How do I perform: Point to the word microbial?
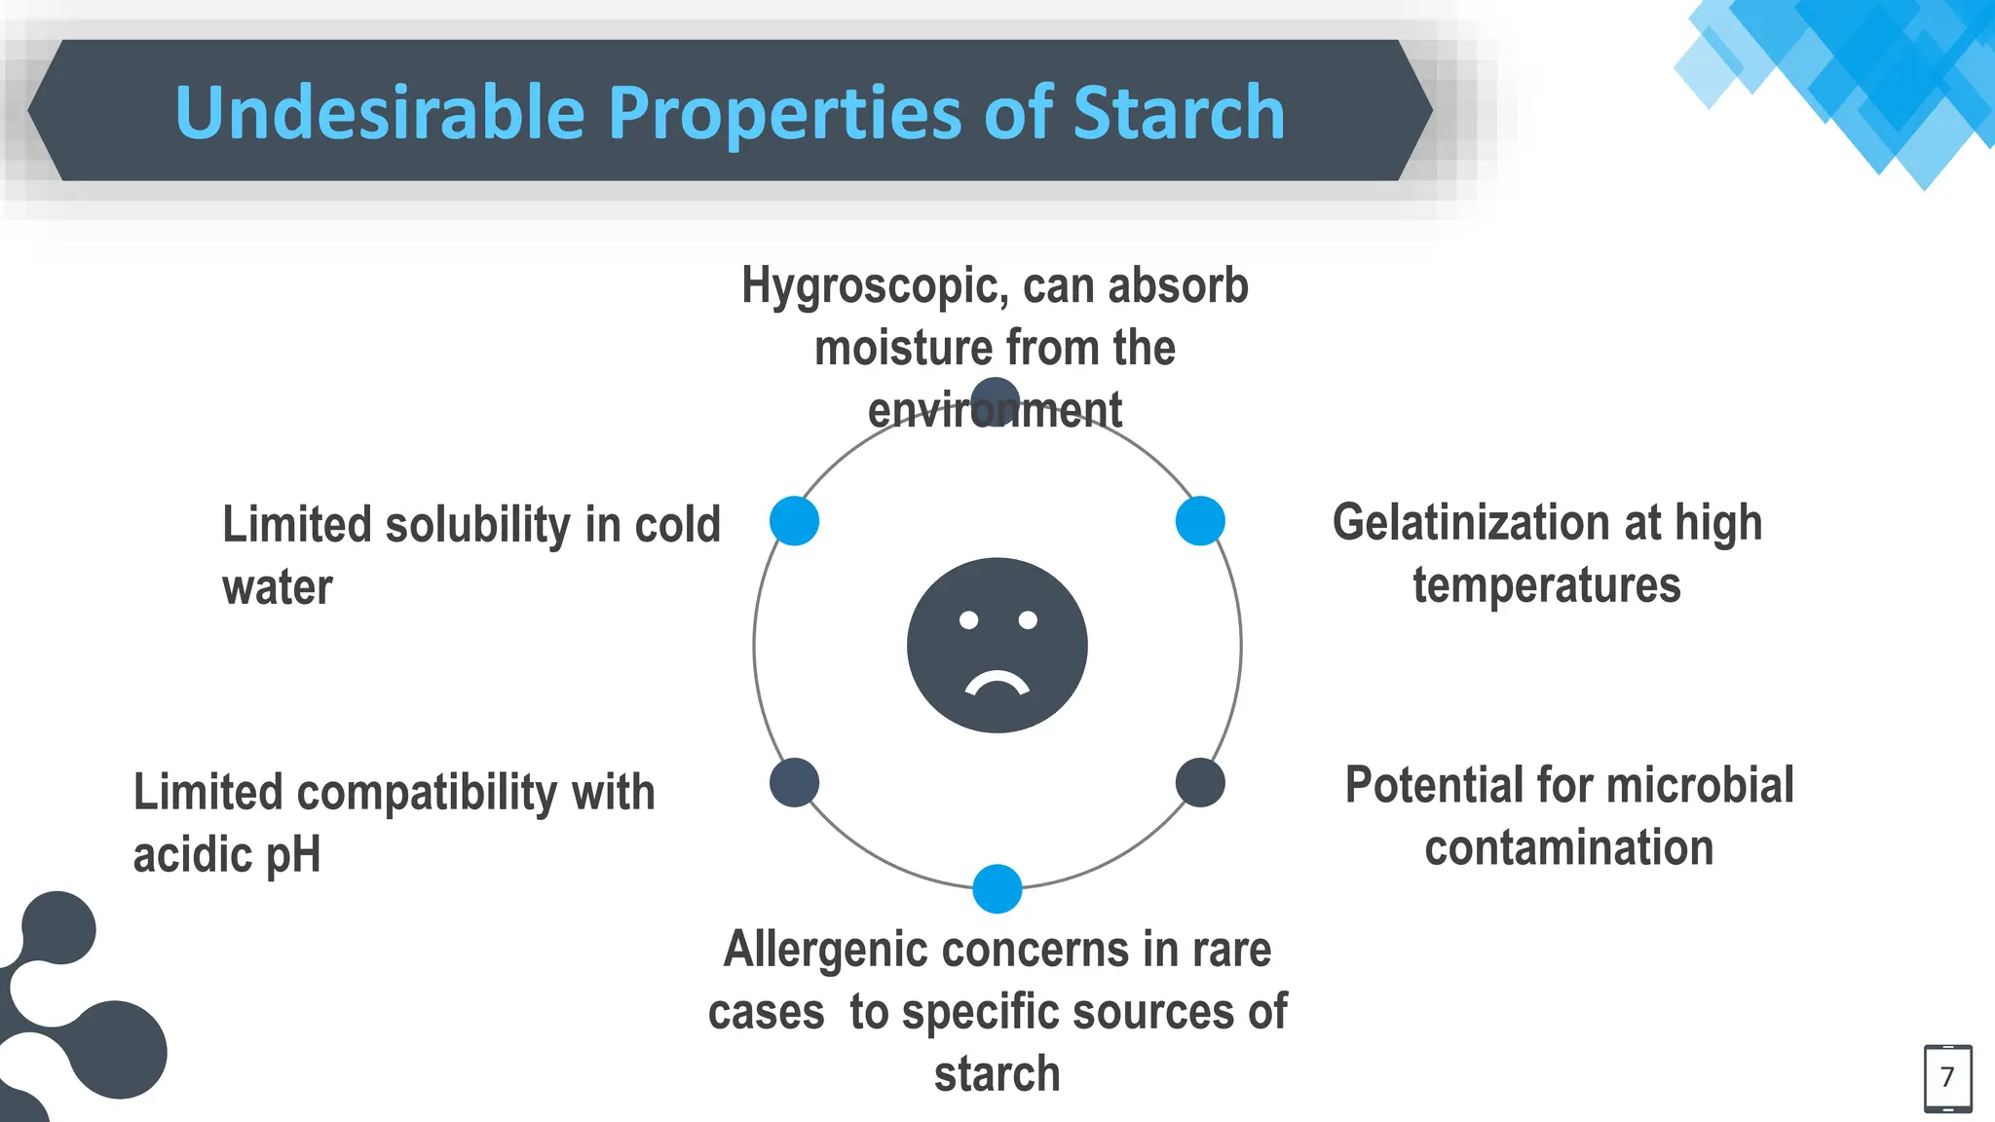click(1699, 785)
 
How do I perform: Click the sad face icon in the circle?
click(997, 645)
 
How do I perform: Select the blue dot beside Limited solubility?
click(794, 521)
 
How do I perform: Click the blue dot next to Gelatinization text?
click(1200, 521)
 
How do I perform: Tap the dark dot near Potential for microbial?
click(1200, 782)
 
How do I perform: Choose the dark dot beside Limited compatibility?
click(794, 782)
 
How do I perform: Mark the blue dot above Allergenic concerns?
click(997, 888)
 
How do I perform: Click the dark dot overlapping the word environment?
click(996, 399)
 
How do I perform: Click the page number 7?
click(1947, 1077)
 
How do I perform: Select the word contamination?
click(1568, 848)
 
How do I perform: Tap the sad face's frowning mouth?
click(997, 685)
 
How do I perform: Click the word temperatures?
click(1547, 586)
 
